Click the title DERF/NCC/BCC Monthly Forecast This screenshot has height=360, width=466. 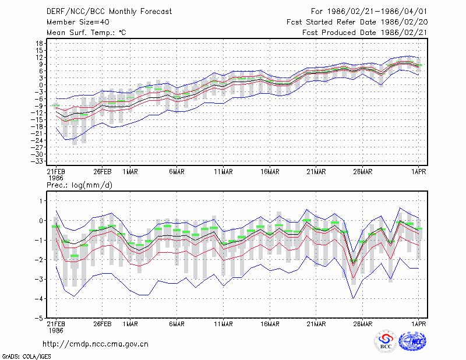(109, 12)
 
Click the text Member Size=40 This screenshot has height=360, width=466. (78, 22)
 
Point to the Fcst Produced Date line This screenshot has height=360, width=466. (365, 33)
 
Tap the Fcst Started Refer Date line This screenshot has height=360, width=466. (357, 22)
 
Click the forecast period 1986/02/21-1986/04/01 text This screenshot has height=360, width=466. (369, 12)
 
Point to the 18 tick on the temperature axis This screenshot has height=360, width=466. (40, 44)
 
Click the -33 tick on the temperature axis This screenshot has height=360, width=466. (37, 161)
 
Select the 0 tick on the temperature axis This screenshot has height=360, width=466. (41, 85)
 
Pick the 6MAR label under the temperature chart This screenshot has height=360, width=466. (177, 172)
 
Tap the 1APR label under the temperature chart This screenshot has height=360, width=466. (418, 172)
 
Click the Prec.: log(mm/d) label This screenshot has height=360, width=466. (79, 185)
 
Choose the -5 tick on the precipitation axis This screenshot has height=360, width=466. (38, 318)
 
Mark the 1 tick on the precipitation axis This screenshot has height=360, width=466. (41, 201)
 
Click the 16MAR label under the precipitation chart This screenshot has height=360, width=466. (270, 324)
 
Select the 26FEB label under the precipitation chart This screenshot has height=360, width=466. (103, 324)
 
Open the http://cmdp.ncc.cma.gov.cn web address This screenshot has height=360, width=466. (96, 344)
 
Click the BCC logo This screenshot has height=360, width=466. (386, 341)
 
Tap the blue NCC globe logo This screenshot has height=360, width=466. (413, 341)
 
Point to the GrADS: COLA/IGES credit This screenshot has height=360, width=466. (26, 357)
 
